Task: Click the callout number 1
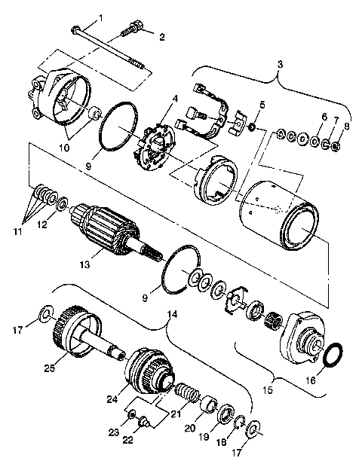tap(102, 17)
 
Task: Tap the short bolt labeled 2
tap(132, 30)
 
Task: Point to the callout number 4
tap(174, 98)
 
